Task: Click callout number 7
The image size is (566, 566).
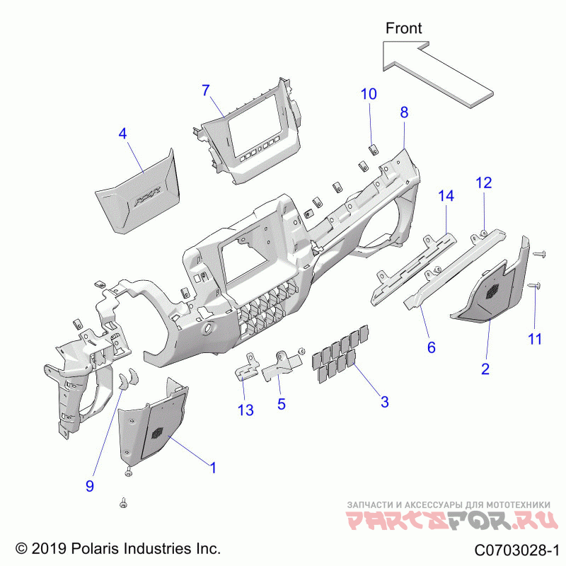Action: click(x=206, y=91)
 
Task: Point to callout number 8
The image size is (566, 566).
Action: click(x=404, y=112)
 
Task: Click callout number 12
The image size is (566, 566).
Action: click(x=483, y=183)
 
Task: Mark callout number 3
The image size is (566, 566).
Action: click(x=384, y=402)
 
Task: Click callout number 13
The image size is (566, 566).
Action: click(x=246, y=410)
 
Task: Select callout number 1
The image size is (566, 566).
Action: click(x=211, y=467)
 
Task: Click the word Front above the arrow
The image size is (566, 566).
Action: click(x=403, y=28)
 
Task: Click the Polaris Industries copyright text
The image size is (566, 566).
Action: click(x=118, y=548)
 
